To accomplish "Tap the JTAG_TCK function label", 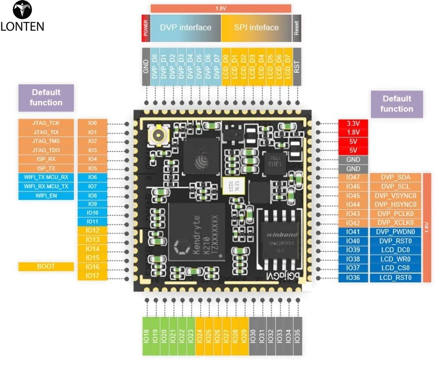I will coord(46,123).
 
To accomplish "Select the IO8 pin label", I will coord(92,195).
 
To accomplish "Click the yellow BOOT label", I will coord(46,267).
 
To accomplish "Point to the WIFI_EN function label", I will coord(46,195).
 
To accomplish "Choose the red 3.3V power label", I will coord(353,123).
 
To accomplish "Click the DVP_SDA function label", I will coord(395,178).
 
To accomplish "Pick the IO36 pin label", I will coord(353,278).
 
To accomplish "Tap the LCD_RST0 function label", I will coord(395,278).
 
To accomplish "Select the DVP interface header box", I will coord(186,28).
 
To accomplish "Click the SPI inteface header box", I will coord(256,28).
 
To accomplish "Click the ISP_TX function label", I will coord(46,168).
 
